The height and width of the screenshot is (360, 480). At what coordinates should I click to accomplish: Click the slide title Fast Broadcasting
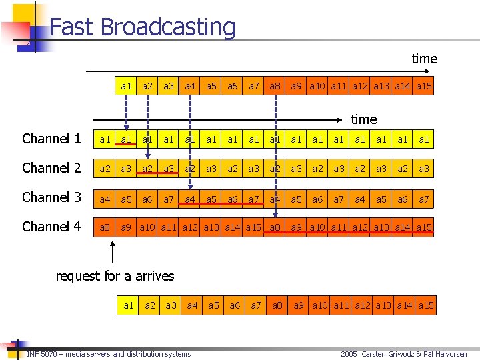[x=143, y=27]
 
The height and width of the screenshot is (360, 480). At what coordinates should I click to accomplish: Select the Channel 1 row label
[x=51, y=139]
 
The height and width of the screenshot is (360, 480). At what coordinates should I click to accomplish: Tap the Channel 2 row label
[x=51, y=168]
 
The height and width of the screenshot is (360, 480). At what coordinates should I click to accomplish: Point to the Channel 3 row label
[x=51, y=197]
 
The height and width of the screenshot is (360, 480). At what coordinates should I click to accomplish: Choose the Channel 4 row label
[x=51, y=227]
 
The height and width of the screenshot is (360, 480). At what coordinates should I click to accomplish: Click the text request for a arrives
[x=115, y=276]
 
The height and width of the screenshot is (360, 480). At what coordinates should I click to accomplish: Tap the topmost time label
[x=424, y=59]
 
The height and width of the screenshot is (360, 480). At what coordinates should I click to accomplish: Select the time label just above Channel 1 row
[x=363, y=119]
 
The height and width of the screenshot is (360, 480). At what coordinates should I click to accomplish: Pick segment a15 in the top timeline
[x=424, y=86]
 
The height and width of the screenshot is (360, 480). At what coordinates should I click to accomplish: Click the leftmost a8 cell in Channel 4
[x=105, y=227]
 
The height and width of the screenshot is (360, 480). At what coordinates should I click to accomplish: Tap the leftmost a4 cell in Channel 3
[x=105, y=198]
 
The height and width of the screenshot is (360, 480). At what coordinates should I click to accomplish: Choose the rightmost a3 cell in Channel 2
[x=424, y=169]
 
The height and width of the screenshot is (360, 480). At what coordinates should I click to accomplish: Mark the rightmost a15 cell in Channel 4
[x=424, y=227]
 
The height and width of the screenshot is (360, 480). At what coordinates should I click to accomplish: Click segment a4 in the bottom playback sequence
[x=192, y=305]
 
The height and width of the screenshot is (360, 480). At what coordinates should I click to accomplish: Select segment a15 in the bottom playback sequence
[x=425, y=305]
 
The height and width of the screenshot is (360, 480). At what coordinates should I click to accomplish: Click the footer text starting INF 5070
[x=109, y=353]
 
